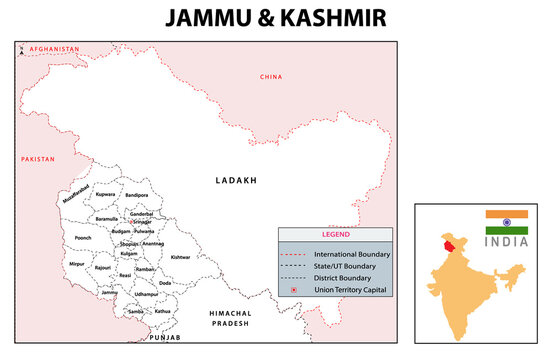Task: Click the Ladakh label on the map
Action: (x=236, y=181)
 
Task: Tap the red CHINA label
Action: (x=270, y=77)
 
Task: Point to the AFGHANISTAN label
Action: (x=54, y=49)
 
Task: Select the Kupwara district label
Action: (x=106, y=194)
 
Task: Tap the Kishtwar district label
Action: (x=180, y=257)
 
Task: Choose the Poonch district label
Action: (x=82, y=238)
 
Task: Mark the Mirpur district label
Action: (x=78, y=267)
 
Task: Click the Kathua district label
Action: (x=162, y=311)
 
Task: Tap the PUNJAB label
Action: (x=165, y=339)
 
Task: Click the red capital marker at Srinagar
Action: (x=144, y=222)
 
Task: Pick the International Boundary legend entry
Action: (x=350, y=254)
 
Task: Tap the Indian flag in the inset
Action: (x=506, y=221)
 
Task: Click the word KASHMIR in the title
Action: (x=322, y=19)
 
